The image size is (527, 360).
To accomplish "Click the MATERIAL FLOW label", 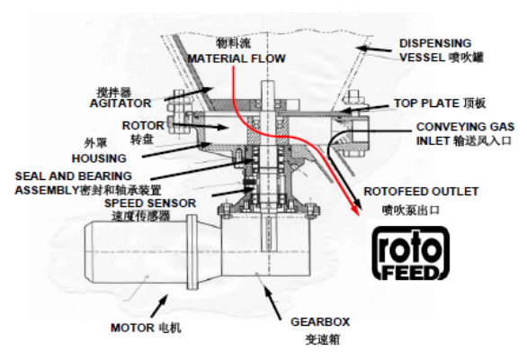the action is [237, 58].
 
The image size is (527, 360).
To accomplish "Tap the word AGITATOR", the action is [121, 103].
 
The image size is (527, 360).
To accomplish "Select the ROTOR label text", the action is [143, 125].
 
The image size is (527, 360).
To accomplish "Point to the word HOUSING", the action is [99, 158].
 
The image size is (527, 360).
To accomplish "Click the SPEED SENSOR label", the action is [150, 202].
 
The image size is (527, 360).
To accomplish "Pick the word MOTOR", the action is [132, 328].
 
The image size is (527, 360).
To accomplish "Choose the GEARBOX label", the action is [320, 321].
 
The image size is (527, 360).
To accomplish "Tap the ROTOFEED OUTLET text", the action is [421, 191].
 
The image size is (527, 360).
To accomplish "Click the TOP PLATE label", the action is [426, 103].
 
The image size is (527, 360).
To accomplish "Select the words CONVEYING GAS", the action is [465, 127].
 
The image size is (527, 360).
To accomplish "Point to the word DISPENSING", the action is [435, 43].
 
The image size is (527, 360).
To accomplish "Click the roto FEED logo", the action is [411, 253].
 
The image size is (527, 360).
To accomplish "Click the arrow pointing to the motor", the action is [159, 305].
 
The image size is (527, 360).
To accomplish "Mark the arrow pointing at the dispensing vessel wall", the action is [374, 49].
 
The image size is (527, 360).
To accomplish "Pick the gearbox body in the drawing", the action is [265, 247].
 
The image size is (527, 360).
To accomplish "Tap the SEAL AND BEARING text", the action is [73, 176].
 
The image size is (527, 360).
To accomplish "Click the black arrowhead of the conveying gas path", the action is [357, 202].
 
